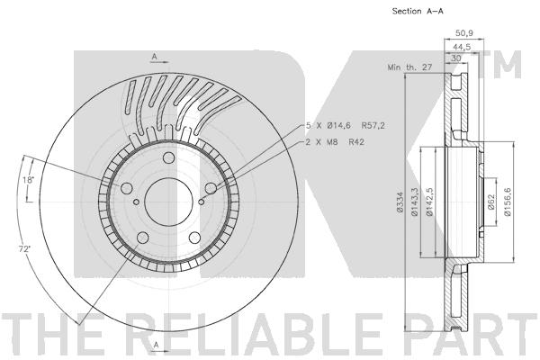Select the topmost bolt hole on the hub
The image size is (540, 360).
click(x=168, y=160)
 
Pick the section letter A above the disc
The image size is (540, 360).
click(x=154, y=57)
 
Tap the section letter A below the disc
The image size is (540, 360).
click(x=154, y=345)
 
